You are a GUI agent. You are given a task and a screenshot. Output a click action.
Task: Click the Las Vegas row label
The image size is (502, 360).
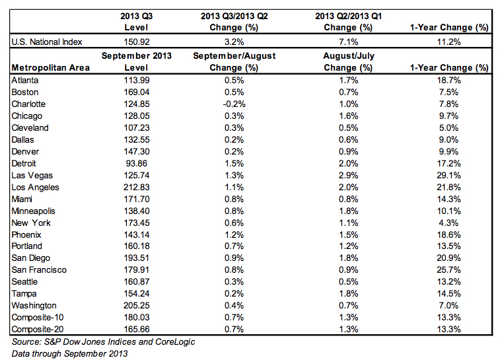32,176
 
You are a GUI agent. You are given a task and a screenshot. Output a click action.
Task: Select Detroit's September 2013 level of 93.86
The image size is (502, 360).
136,164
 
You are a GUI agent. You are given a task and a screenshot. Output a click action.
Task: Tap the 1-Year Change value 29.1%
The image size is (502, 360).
449,176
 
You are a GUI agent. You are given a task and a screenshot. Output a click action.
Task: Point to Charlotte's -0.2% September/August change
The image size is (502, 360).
234,104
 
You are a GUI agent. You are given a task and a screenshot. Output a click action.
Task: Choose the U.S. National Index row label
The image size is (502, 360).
47,42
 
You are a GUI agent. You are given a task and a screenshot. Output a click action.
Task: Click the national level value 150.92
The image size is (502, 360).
137,42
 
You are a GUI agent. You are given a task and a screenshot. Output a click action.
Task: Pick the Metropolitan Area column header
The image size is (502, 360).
51,68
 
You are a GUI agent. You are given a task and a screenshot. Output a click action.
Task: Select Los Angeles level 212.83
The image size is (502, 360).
137,188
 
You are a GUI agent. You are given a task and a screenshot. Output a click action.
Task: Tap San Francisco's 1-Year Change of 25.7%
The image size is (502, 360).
449,270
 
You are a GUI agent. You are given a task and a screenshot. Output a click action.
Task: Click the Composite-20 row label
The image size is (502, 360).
38,329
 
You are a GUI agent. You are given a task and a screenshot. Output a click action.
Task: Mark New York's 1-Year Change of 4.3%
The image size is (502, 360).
449,223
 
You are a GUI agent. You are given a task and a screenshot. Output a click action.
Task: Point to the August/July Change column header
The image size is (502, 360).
348,62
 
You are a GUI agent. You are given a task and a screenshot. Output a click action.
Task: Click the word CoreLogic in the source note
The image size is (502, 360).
175,342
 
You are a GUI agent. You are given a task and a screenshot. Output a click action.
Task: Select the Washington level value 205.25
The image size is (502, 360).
137,306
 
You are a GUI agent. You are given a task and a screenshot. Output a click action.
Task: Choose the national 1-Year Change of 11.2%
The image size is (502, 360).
449,42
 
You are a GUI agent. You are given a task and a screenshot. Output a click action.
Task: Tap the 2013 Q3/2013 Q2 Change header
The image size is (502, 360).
234,22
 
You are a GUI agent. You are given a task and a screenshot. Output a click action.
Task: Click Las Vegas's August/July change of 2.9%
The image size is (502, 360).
348,176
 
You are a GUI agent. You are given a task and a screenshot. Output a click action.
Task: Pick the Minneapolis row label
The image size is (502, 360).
33,211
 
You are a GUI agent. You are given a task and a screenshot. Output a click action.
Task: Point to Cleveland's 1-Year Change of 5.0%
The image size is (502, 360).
449,127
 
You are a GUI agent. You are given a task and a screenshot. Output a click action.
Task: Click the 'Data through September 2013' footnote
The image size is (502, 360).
69,354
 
